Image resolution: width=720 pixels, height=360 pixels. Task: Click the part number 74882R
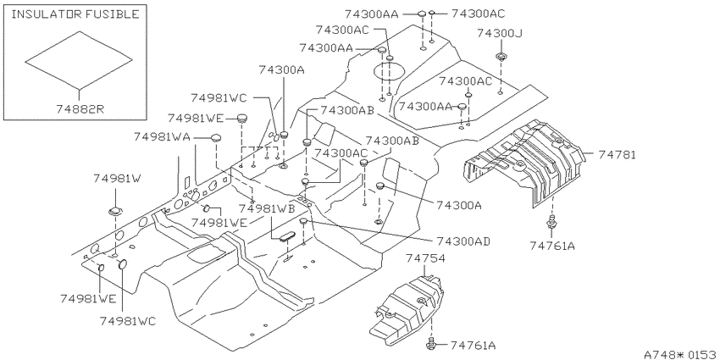[80, 109]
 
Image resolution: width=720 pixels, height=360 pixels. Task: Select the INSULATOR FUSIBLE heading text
[75, 14]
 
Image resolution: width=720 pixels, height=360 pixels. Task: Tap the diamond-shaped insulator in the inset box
[79, 59]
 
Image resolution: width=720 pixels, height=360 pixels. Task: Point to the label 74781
[617, 155]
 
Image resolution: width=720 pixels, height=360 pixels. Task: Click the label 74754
[425, 258]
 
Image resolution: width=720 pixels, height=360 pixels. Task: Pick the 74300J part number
[500, 34]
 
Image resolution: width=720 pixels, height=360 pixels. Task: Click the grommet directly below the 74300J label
[500, 58]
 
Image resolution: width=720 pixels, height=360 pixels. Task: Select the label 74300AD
[462, 241]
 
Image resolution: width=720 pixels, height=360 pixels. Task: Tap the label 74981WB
[267, 208]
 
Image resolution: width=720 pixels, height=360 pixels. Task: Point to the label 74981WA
[162, 137]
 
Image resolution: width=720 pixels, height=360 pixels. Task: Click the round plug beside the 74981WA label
[216, 137]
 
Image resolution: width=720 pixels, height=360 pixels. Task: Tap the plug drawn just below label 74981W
[114, 212]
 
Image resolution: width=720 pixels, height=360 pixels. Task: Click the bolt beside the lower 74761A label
[432, 341]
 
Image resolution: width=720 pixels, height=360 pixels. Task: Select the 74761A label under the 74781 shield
[552, 246]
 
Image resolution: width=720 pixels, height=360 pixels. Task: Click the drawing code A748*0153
[681, 354]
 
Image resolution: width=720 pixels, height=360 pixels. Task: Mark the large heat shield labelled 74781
[524, 161]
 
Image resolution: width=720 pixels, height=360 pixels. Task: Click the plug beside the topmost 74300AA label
[423, 15]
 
